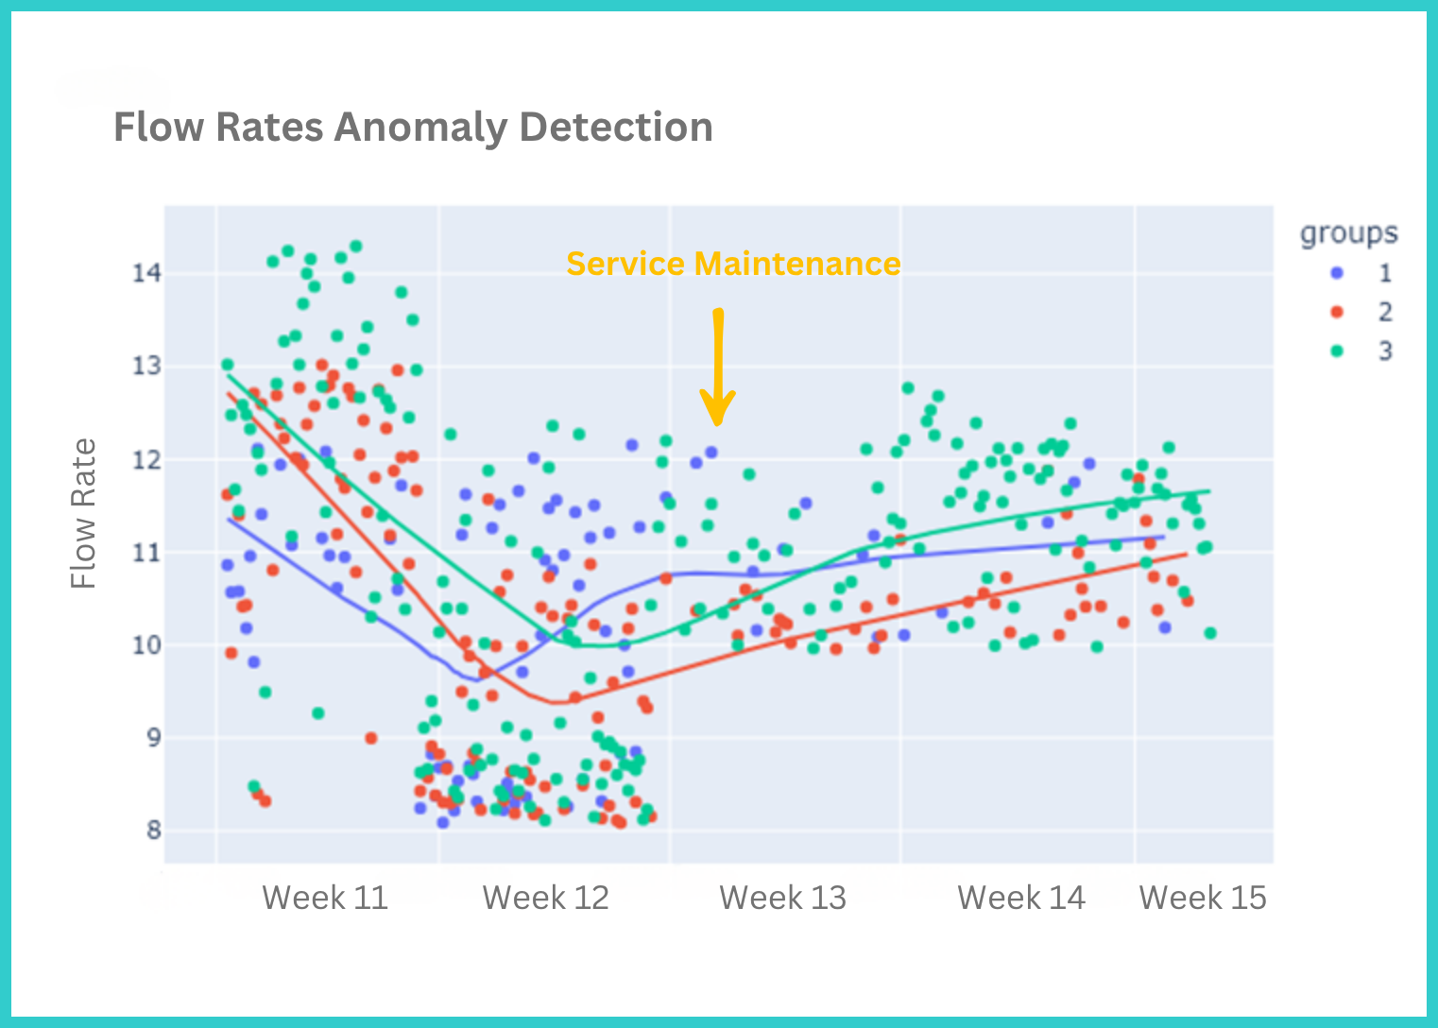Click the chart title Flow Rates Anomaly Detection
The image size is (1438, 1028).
coord(413,128)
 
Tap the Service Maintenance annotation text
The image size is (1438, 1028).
coord(733,264)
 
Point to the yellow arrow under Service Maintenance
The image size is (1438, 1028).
coord(718,368)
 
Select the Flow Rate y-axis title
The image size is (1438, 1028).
coord(84,513)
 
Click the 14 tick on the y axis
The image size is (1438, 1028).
coord(146,274)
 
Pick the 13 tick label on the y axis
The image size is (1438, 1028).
coord(146,367)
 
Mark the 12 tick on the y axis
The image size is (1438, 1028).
coord(146,460)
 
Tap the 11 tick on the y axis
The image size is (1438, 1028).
coord(146,553)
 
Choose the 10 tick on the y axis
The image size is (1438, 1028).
coord(146,645)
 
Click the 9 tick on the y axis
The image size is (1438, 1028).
coord(152,738)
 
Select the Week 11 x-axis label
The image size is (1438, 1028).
coord(325,898)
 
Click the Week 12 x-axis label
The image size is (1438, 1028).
coord(546,898)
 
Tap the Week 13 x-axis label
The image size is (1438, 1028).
coord(782,898)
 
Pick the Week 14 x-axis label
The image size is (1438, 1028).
coord(1021,898)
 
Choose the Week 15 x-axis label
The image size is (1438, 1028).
coord(1203,898)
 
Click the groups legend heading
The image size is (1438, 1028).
coord(1348,233)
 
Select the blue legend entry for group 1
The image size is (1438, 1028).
coord(1361,273)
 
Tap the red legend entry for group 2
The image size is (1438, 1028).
coord(1361,312)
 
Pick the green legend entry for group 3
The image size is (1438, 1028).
coord(1361,351)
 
